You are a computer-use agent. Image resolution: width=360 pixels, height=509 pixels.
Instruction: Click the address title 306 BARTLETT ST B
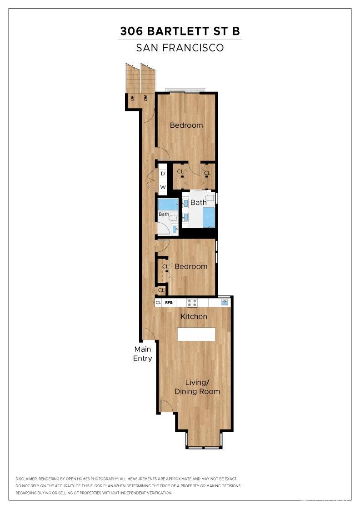pos(180,31)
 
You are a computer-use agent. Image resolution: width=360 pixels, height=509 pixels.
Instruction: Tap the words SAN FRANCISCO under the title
pos(180,47)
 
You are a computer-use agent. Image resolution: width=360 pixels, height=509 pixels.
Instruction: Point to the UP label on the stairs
pos(132,98)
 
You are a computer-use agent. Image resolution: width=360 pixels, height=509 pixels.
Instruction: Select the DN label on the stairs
pos(145,98)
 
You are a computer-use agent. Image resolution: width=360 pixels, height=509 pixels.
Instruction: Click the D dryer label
pos(162,174)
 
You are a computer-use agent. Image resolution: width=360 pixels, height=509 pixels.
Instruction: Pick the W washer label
pos(162,187)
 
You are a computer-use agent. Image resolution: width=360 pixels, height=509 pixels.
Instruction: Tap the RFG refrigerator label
pos(169,302)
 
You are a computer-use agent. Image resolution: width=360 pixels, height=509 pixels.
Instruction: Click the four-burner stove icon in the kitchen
pos(191,302)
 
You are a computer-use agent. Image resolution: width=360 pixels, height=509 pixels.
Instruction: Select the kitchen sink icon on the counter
pos(224,302)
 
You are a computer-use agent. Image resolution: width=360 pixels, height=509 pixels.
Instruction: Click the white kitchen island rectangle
pos(196,334)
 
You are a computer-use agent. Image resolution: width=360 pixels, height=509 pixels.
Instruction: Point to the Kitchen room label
pos(194,316)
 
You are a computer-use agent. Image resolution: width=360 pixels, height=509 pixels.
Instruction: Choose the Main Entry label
pos(142,354)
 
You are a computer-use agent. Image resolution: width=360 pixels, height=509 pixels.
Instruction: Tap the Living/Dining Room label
pos(197,387)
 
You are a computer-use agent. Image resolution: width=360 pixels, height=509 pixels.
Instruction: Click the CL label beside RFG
pos(158,302)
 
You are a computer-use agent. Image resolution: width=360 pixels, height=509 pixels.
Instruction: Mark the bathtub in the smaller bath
pos(168,204)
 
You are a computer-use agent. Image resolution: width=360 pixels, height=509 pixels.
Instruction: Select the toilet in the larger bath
pos(210,198)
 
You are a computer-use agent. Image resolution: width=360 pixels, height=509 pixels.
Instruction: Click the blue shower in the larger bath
pos(208,217)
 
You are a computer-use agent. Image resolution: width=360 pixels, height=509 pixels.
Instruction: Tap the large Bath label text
pos(198,203)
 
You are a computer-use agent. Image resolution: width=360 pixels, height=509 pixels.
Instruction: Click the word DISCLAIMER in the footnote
pos(26,479)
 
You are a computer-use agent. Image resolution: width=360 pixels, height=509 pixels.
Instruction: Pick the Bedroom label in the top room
pos(186,125)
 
